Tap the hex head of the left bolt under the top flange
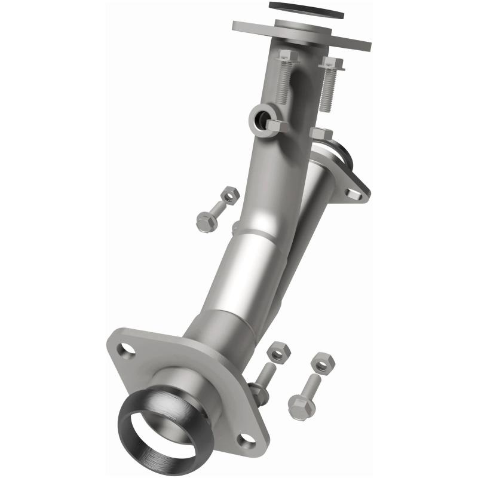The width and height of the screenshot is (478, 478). coord(288,57)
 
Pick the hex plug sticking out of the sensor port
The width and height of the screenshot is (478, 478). coord(276,125)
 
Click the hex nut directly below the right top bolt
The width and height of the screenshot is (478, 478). coord(321,134)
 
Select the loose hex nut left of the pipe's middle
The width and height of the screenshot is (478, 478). coord(229,195)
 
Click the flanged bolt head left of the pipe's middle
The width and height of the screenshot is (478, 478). coord(206,223)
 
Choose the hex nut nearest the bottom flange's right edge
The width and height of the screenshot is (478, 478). coord(277,352)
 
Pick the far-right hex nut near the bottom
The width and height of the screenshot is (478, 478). coord(323,362)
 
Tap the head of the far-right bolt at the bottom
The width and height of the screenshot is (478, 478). coord(301,408)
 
